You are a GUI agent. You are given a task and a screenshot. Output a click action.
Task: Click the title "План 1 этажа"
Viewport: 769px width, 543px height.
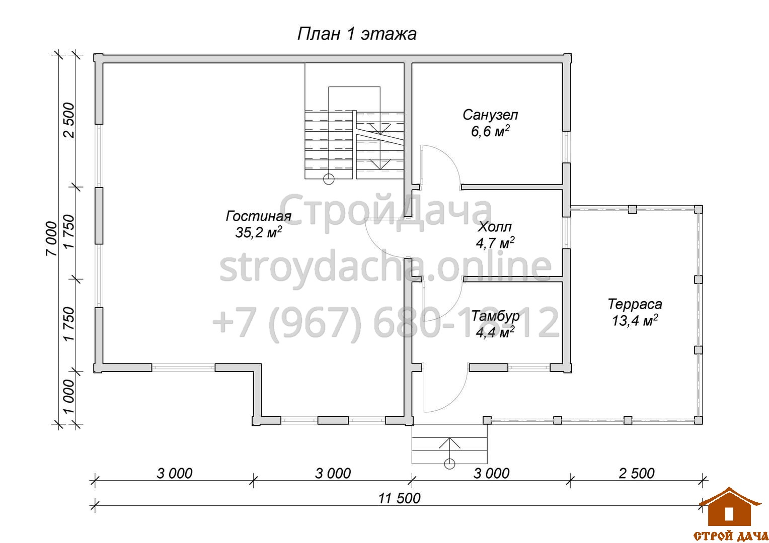[x=357, y=34]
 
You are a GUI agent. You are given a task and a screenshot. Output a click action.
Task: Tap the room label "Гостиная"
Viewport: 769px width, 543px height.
[x=258, y=216]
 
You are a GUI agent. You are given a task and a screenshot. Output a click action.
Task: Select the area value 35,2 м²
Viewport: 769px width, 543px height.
[x=259, y=232]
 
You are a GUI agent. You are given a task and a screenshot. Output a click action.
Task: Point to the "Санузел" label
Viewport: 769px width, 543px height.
[x=490, y=115]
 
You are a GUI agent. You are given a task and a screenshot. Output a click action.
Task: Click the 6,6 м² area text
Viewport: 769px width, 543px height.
[x=490, y=131]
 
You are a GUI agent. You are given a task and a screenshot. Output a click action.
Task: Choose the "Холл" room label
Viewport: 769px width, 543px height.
[x=495, y=227]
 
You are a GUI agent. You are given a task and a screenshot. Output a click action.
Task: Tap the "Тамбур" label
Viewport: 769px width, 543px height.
[x=495, y=316]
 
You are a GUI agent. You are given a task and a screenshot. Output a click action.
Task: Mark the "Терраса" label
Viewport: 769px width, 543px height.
[x=635, y=304]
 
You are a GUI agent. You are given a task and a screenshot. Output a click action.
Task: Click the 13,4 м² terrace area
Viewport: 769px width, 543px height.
[x=635, y=320]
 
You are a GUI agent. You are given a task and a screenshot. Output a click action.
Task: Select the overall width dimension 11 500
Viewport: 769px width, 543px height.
[x=399, y=498]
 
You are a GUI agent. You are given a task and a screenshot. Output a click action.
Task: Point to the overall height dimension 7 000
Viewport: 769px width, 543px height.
[x=51, y=239]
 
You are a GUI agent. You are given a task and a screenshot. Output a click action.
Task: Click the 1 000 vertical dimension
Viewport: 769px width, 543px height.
[x=68, y=396]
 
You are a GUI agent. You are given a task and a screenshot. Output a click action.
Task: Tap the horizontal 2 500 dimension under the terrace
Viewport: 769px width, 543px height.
[x=637, y=474]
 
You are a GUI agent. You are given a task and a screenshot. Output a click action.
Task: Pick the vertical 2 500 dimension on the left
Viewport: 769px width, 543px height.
[x=68, y=120]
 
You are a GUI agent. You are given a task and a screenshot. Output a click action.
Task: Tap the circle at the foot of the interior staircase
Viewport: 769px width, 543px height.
[x=329, y=179]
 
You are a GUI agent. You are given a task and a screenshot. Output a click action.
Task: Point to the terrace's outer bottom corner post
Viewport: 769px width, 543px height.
[x=698, y=420]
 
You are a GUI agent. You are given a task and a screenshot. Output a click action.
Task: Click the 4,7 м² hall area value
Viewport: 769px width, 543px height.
[x=495, y=243]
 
